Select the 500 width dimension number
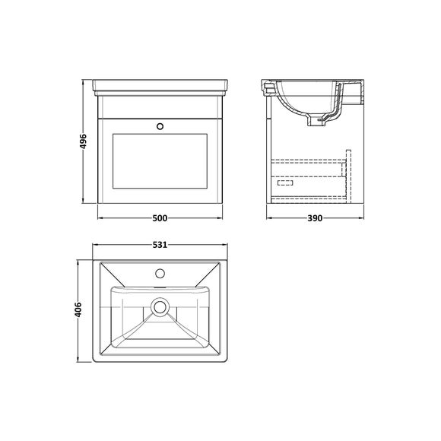tap(160, 219)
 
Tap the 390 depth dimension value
tap(314, 219)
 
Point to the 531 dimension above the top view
tap(160, 246)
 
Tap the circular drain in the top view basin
tap(160, 307)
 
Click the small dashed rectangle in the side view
tap(287, 182)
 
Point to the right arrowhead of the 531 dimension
tap(227, 246)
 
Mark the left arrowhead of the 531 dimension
tap(94, 246)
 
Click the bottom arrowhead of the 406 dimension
tap(80, 360)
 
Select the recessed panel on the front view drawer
tap(160, 162)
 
